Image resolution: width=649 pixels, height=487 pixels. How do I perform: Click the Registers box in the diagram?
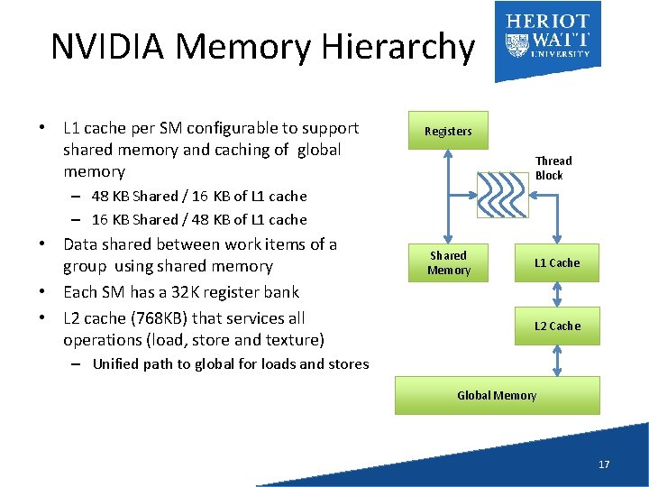[x=448, y=131]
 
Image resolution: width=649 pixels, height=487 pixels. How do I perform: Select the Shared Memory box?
[x=448, y=262]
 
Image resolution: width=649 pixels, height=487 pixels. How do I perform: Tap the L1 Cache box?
[x=557, y=262]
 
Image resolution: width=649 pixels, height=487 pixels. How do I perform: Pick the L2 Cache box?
[x=557, y=326]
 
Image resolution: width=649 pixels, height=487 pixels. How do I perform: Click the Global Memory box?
[x=497, y=395]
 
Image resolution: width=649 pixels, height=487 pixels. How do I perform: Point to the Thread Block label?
[x=553, y=168]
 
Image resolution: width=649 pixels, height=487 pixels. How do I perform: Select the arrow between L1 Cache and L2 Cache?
[x=558, y=294]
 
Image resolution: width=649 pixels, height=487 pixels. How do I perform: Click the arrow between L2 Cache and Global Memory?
[x=558, y=360]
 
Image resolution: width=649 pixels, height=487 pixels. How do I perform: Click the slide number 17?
[x=603, y=464]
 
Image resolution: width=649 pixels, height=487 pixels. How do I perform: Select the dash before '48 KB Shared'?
[x=79, y=196]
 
